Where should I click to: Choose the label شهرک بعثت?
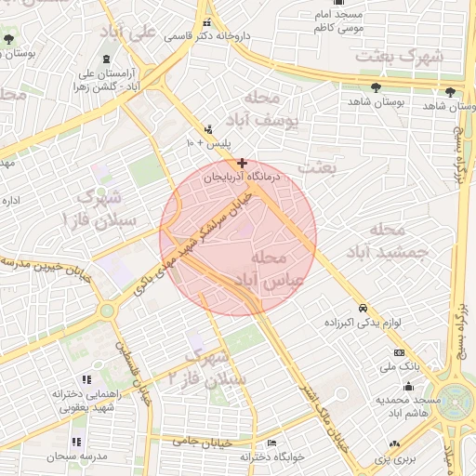tap(403, 56)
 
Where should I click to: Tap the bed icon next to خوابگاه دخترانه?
tap(271, 443)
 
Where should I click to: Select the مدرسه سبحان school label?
tap(49, 456)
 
